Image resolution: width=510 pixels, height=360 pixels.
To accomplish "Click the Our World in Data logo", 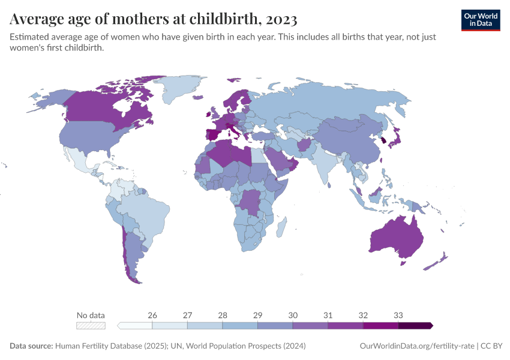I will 481,20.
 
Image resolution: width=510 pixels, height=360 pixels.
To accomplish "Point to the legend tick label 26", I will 152,315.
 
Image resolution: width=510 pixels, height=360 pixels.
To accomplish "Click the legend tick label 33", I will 398,315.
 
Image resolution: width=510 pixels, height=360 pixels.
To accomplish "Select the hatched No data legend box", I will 91,325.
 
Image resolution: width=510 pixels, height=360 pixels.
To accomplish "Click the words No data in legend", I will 91,315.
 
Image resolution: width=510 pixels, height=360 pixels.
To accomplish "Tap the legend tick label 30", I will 293,315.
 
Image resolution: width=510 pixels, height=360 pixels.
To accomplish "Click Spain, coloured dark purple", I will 212,135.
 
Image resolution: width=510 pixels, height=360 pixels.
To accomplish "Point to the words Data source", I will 31,346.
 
